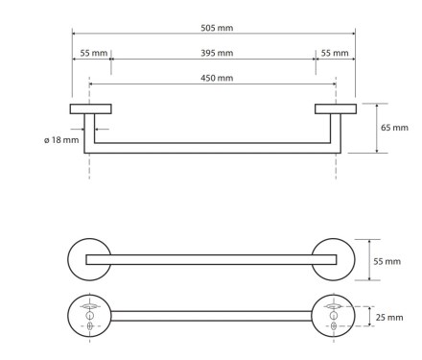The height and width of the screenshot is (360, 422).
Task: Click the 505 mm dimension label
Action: pyautogui.click(x=217, y=28)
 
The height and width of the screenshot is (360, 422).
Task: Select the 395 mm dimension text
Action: pyautogui.click(x=217, y=53)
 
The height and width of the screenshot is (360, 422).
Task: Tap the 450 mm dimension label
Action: pyautogui.click(x=217, y=78)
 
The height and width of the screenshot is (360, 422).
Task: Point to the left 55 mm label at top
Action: pyautogui.click(x=93, y=53)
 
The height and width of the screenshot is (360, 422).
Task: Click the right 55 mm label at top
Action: pyautogui.click(x=335, y=53)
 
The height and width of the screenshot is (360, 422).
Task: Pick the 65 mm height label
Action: pyautogui.click(x=394, y=128)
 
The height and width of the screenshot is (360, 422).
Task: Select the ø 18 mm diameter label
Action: pyautogui.click(x=61, y=140)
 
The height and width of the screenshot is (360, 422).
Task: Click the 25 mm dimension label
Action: pyautogui.click(x=389, y=318)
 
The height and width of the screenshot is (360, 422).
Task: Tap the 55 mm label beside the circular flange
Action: pyautogui.click(x=387, y=261)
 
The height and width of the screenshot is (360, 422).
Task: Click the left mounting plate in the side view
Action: pyautogui.click(x=91, y=108)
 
